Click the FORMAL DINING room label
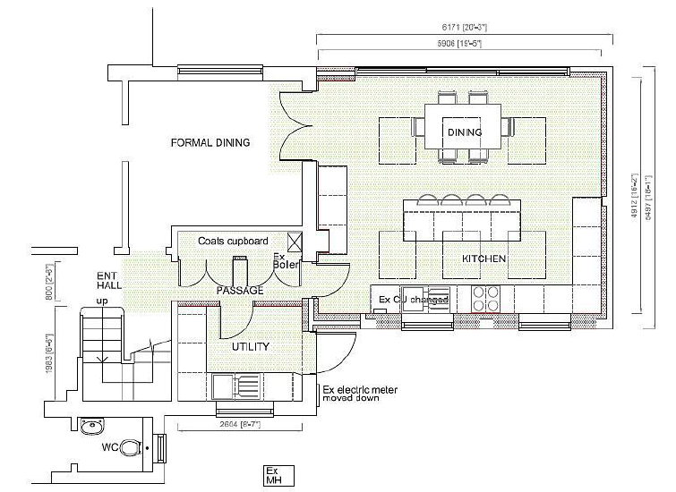210,142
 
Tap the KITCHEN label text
483,259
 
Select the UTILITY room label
251,346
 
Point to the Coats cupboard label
234,242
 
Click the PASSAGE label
240,291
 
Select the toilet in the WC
130,445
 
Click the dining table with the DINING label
465,131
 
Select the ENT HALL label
107,280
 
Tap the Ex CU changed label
413,300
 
